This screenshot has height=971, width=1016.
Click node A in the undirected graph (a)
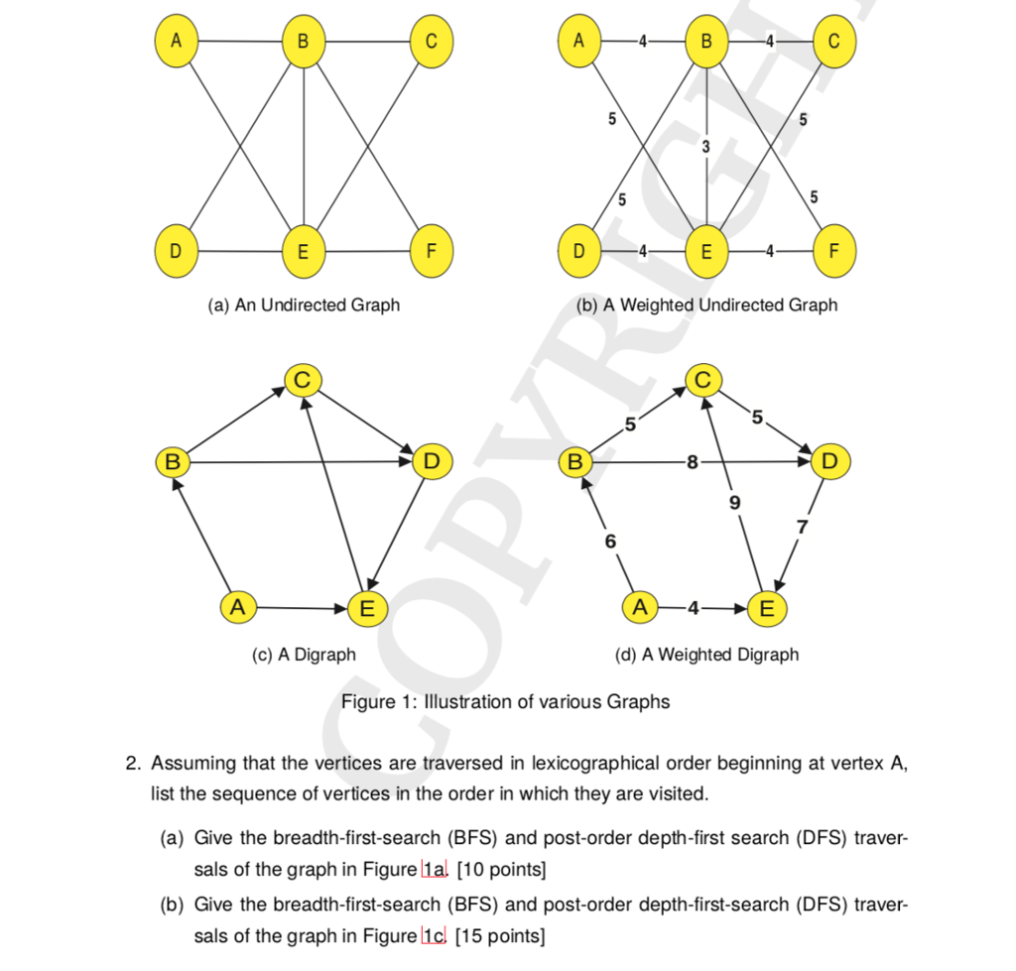[x=176, y=42]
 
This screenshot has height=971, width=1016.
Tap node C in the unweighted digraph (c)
[x=304, y=379]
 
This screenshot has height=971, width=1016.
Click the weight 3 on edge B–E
[x=705, y=147]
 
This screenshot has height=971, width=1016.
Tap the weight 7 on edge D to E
[x=804, y=526]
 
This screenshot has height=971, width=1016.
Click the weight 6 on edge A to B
[x=610, y=542]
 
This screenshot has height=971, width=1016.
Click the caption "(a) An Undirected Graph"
[x=304, y=304]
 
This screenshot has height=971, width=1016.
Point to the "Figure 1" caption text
[x=505, y=702]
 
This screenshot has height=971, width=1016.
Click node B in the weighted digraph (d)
[x=574, y=461]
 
